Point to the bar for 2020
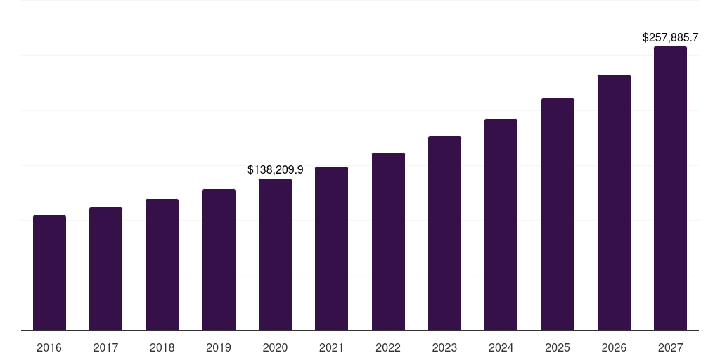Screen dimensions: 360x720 [275, 255]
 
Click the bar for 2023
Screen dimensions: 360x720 [444, 233]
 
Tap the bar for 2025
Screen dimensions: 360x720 [558, 214]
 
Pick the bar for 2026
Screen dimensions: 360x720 [614, 202]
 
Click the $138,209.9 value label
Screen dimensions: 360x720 [275, 169]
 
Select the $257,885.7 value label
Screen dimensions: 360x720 [670, 38]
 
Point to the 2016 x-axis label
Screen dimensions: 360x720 [49, 347]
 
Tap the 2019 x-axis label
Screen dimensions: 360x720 [219, 347]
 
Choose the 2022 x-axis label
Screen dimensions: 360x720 [388, 347]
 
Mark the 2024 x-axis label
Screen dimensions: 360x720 [501, 347]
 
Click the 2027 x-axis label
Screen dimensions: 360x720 [670, 347]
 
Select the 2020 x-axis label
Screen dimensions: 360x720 [275, 347]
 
